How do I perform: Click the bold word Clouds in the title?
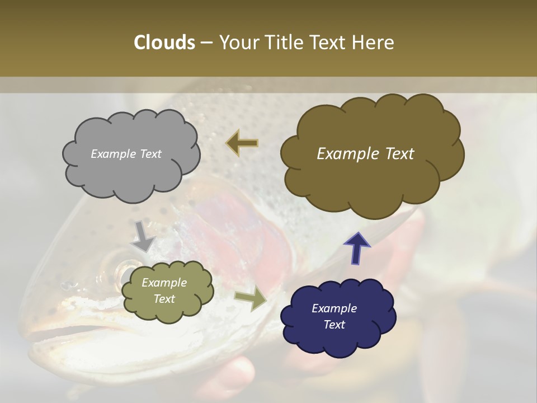pos(164,43)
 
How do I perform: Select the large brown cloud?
pos(371,155)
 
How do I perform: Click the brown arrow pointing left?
pos(242,143)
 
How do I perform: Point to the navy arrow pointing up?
pos(357,248)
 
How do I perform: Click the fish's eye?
pos(122,271)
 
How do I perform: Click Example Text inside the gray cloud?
pos(126,154)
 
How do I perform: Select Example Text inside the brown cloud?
pos(365,154)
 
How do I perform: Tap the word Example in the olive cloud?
pos(164,283)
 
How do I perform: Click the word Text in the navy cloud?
pos(334,325)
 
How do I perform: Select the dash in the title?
pos(206,43)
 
